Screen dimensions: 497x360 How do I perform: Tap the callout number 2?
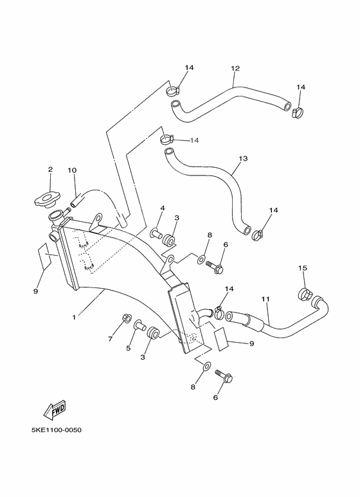pos(50,170)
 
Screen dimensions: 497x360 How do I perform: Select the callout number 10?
pos(72,170)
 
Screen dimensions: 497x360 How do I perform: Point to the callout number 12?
pos(235,68)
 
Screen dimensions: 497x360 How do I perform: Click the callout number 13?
pos(242,158)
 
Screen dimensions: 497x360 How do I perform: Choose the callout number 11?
pos(265,299)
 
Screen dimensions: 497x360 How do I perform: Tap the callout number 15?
pos(301,267)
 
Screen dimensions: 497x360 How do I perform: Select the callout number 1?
pos(75,316)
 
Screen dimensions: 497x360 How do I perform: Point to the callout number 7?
pos(110,338)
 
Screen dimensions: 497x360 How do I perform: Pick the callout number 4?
pos(162,208)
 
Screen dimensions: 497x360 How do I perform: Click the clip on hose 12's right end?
pos(296,113)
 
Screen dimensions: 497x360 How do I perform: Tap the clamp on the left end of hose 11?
pos(220,314)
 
